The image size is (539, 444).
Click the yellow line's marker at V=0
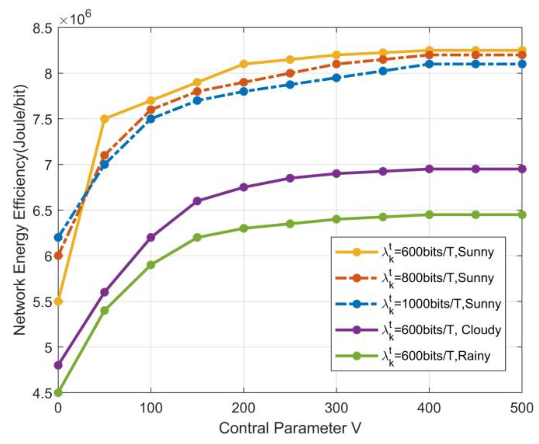pos(58,302)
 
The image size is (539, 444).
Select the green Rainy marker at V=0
pos(58,393)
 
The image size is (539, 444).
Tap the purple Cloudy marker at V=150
pos(197,201)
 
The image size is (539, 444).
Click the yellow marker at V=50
pos(104,119)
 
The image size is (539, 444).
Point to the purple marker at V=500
pos(522,169)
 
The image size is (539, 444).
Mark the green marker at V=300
pos(336,219)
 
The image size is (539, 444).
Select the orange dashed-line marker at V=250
pos(290,73)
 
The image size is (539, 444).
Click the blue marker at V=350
pos(383,71)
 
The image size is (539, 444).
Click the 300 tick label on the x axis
pos(336,408)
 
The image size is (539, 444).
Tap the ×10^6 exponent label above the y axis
pos(75,19)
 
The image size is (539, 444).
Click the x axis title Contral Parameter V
pos(290,428)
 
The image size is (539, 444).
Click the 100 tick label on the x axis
pos(151,408)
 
